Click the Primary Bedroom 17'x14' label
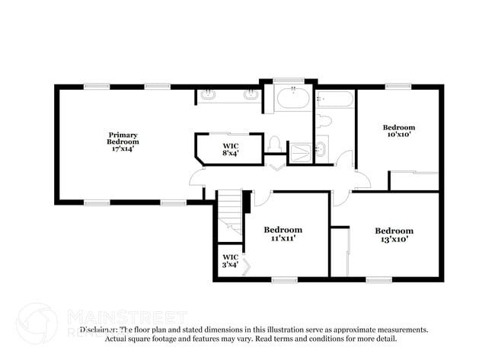coord(123,142)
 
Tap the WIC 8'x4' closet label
coord(229,148)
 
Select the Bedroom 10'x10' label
coord(398,131)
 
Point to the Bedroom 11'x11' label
coord(283,234)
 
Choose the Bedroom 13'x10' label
coord(394,234)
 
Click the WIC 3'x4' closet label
coord(229,260)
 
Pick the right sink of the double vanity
coord(249,95)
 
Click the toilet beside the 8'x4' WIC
coord(275,145)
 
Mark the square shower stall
coord(302,151)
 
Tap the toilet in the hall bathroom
coord(323,121)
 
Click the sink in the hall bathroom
coord(321,149)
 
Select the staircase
coord(229,215)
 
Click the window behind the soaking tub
coord(289,80)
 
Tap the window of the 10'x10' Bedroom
coord(398,86)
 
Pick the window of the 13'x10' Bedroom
coord(378,280)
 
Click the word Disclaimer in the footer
coord(98,330)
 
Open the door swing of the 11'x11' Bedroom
coord(263,199)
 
